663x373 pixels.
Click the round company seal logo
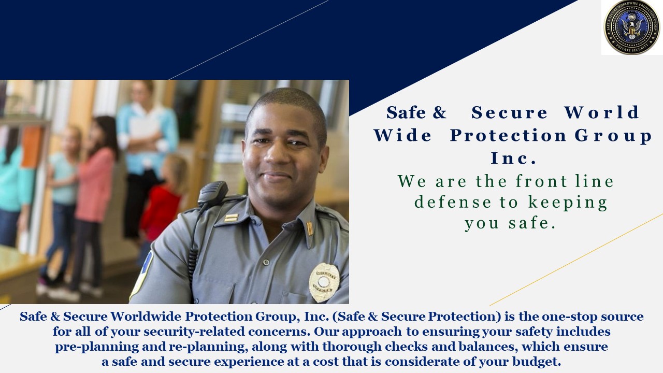(631, 27)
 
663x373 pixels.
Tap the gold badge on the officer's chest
(324, 282)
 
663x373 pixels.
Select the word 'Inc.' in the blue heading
(513, 158)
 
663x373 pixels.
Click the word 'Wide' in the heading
(403, 135)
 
